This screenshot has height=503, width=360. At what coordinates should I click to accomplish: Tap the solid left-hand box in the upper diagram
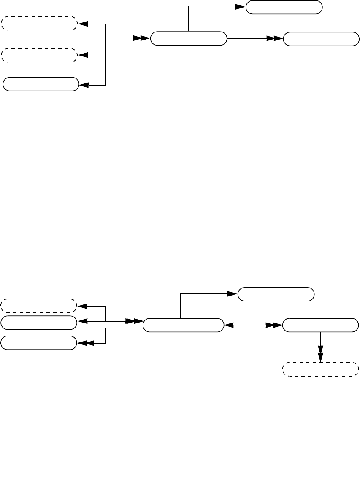41,84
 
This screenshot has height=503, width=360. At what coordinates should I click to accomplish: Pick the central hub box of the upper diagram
188,38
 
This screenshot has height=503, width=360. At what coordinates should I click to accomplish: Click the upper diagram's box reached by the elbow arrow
284,7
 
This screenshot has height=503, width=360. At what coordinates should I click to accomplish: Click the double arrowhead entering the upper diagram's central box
142,38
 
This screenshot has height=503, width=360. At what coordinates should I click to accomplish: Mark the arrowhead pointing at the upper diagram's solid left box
84,85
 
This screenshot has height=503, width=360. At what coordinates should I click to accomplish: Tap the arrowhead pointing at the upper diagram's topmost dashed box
83,24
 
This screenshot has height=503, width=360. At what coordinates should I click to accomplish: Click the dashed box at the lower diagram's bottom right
320,369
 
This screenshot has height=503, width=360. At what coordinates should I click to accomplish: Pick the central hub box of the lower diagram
183,325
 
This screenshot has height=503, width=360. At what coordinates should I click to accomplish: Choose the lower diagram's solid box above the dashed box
320,325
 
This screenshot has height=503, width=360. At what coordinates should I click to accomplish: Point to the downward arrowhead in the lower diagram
320,351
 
